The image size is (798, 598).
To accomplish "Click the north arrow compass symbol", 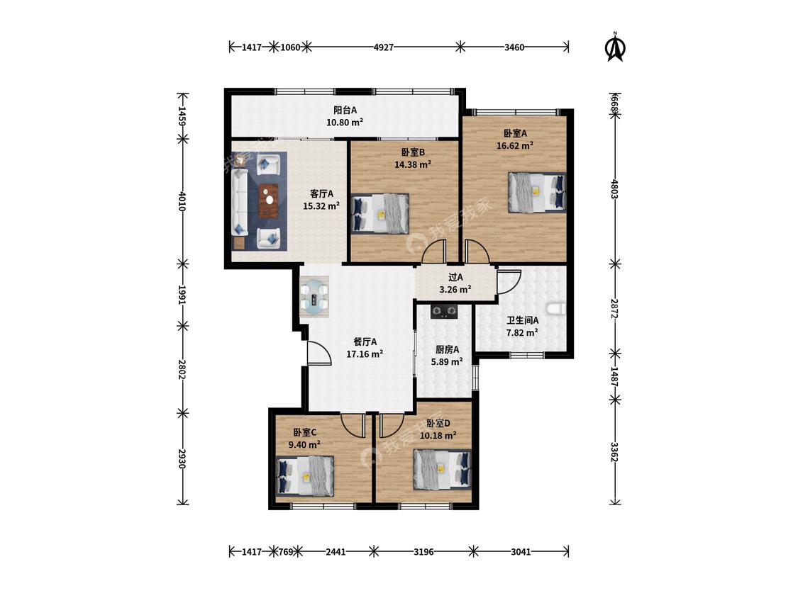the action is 615,47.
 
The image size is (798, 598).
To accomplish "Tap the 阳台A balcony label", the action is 345,110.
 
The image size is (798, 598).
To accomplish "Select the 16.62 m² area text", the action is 514,145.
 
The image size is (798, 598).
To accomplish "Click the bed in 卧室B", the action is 381,213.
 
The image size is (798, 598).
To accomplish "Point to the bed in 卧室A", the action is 537,192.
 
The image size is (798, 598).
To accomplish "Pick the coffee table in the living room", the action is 269,201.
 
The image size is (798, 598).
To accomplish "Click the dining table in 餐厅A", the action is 314,297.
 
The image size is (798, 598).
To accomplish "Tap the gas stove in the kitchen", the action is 444,311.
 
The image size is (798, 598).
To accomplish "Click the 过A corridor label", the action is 455,278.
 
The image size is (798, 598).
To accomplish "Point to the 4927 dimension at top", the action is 383,47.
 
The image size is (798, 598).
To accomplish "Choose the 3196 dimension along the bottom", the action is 423,551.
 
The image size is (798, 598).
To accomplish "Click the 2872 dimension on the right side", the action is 615,309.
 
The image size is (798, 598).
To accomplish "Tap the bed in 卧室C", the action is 305,476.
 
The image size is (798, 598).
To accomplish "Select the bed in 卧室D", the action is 442,469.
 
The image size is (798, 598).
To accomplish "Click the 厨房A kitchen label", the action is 447,350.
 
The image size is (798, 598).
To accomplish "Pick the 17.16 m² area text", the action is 365,354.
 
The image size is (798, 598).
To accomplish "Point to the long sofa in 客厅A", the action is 240,203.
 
